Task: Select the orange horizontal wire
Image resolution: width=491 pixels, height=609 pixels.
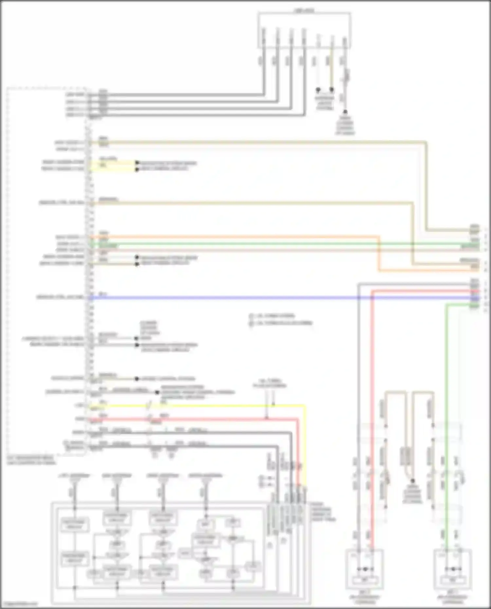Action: point(229,237)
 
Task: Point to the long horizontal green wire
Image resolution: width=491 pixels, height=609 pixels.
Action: point(262,244)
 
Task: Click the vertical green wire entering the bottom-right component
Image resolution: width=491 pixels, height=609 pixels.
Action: point(446,425)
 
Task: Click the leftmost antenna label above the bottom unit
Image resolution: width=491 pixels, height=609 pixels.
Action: point(74,475)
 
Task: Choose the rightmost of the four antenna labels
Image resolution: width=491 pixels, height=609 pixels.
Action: point(206,475)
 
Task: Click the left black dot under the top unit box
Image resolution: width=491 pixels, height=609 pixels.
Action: point(318,89)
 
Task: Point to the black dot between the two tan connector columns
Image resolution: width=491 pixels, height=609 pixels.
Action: point(413,481)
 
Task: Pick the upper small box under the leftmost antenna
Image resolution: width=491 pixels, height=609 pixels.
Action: point(75,525)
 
